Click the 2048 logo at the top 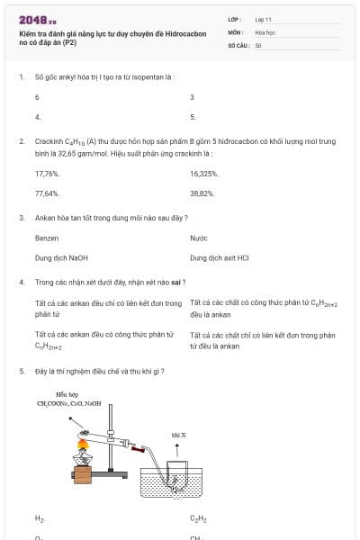[37, 20]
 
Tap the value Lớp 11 [263, 19]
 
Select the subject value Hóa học [265, 31]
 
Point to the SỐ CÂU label [237, 45]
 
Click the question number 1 [21, 76]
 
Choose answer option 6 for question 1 [37, 97]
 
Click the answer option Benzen [47, 238]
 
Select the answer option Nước [199, 238]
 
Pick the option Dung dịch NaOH [61, 258]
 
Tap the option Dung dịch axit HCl [220, 258]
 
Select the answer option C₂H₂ [197, 518]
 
